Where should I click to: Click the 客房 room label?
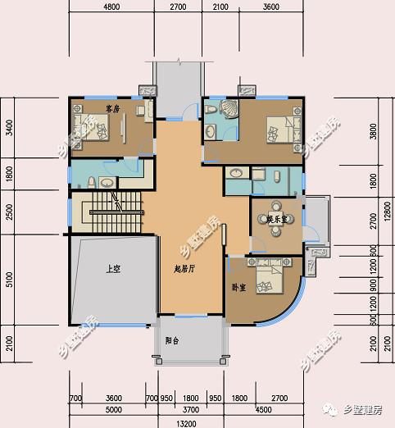(113, 108)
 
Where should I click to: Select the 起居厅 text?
(184, 268)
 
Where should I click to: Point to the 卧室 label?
(238, 288)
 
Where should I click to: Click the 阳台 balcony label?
(172, 339)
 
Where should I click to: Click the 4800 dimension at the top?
(111, 7)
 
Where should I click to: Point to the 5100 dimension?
(9, 280)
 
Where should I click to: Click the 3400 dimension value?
(9, 129)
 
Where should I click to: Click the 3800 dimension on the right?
(373, 131)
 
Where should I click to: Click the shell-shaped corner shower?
(229, 109)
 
